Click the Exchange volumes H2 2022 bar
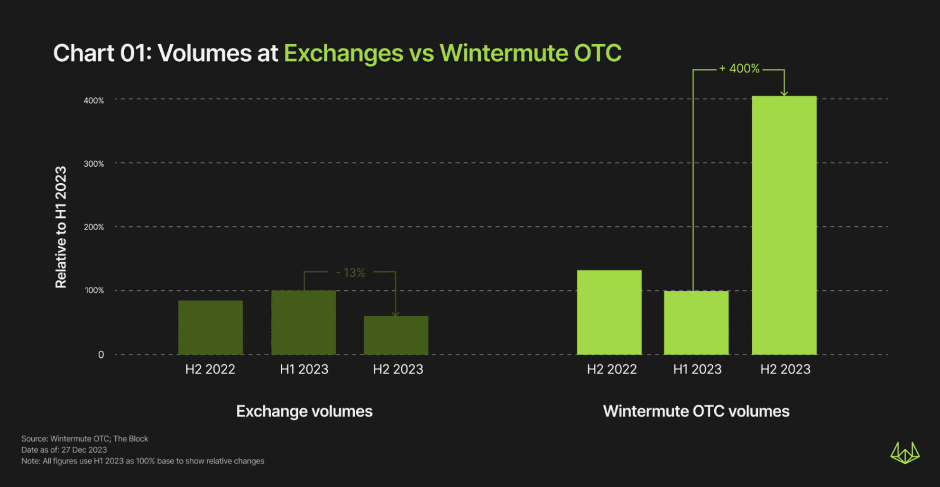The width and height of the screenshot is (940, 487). [x=210, y=328]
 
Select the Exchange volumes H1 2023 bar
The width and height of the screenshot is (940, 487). [x=304, y=323]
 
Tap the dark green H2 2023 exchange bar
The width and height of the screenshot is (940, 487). [x=396, y=335]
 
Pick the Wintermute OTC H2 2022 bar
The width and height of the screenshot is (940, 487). [x=609, y=312]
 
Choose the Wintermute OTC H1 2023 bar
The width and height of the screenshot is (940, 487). [x=696, y=323]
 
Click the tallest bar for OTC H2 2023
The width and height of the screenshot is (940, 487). [x=784, y=225]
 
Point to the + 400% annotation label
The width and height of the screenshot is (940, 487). [x=739, y=69]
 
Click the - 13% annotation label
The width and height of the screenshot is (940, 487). [x=350, y=273]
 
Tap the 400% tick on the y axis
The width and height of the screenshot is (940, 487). [x=93, y=101]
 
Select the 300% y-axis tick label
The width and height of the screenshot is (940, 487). [x=93, y=164]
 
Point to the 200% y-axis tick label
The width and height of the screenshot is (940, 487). [x=93, y=227]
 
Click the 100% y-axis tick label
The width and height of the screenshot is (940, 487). [x=94, y=290]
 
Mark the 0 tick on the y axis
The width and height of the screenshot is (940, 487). [x=101, y=355]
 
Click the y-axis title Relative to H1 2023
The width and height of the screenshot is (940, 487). [x=61, y=227]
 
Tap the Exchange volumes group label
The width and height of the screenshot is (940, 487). [x=304, y=411]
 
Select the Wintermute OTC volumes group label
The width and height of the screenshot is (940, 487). [x=696, y=411]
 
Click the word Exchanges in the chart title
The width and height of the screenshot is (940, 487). [x=343, y=53]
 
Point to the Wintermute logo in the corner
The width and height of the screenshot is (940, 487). [x=904, y=453]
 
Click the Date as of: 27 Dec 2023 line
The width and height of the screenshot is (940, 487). [x=64, y=450]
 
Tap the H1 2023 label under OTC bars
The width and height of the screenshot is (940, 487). [x=697, y=369]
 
